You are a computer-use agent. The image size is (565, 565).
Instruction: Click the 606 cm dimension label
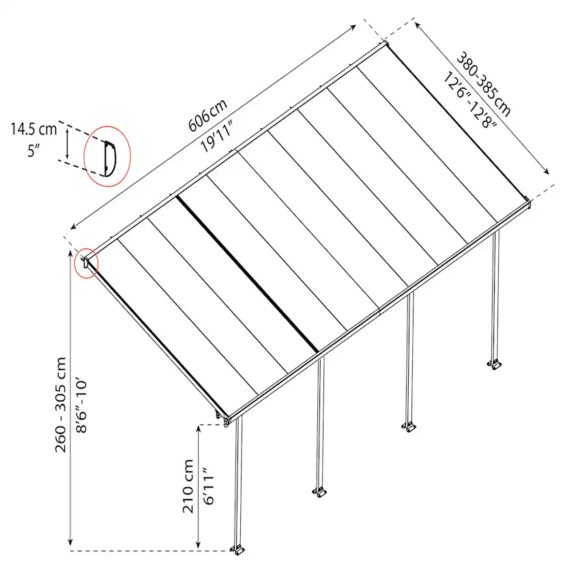[208, 115]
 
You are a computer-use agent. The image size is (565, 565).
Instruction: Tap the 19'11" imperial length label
[217, 136]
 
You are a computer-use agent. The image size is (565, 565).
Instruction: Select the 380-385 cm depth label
[484, 85]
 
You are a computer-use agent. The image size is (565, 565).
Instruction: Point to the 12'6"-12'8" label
[470, 100]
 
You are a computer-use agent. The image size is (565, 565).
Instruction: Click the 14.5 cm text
[33, 129]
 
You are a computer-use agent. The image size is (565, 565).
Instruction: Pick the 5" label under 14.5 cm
[33, 151]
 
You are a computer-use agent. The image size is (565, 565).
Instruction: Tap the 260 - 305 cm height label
[61, 405]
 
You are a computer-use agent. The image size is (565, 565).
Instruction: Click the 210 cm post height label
[188, 486]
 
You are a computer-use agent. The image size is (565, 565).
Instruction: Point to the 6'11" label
[209, 486]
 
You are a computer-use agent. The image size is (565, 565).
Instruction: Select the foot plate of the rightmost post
[495, 365]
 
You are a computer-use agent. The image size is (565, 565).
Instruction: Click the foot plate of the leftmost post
[238, 551]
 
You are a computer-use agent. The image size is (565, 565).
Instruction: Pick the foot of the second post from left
[319, 492]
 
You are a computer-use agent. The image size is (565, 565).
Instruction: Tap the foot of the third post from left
[409, 427]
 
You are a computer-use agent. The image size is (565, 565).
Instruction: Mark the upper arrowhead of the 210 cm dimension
[198, 429]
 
